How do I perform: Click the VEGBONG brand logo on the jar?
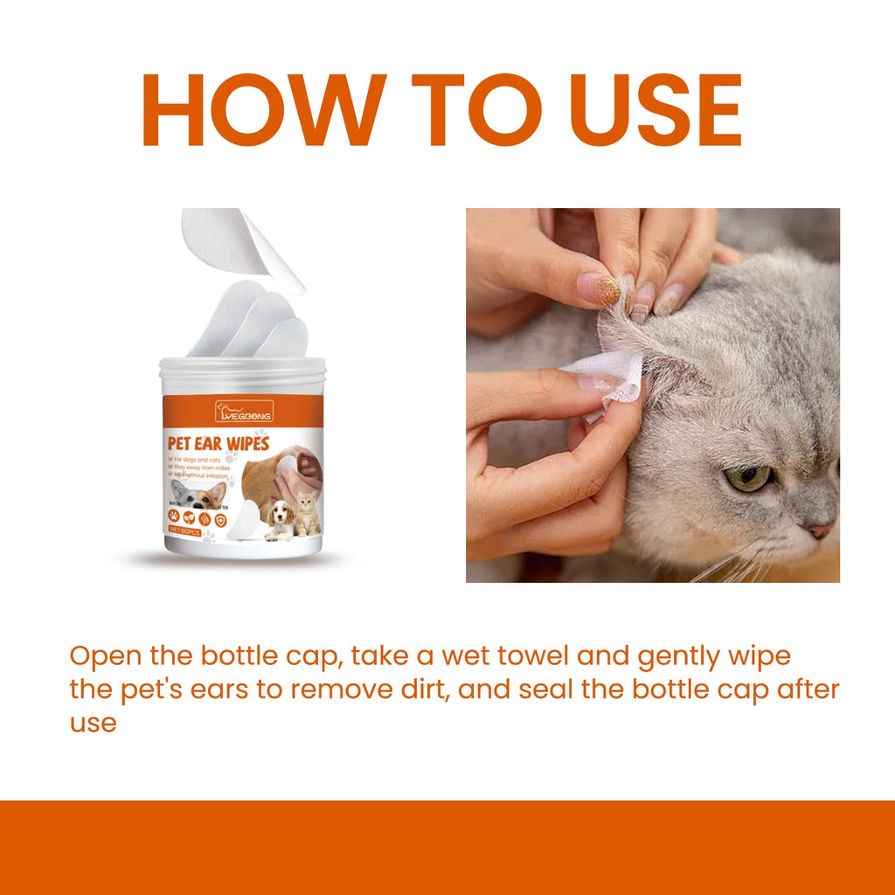point(244,411)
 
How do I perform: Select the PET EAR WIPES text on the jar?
point(218,443)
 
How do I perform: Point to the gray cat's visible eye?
point(750,476)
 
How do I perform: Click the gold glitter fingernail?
point(599,289)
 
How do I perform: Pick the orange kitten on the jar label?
point(307,514)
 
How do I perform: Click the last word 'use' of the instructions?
point(93,724)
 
